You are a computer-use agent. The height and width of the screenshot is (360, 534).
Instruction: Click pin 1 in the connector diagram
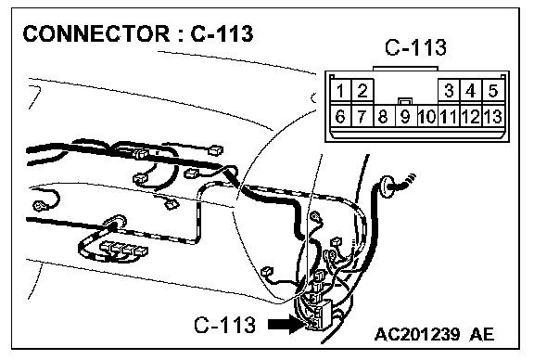click(x=340, y=90)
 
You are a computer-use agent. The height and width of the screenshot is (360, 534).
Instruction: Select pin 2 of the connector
click(x=362, y=90)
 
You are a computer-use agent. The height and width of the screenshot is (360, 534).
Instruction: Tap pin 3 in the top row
click(x=449, y=90)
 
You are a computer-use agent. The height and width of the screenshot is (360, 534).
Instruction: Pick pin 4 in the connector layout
click(x=471, y=90)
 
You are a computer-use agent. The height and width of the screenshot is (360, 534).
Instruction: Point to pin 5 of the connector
click(x=493, y=90)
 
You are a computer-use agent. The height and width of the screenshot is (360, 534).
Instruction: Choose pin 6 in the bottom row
click(x=340, y=116)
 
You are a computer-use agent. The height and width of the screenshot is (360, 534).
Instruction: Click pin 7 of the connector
click(x=362, y=116)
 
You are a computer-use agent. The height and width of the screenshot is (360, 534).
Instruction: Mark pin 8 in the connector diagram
click(x=384, y=116)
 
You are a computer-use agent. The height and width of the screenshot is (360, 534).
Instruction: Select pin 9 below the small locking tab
click(x=405, y=116)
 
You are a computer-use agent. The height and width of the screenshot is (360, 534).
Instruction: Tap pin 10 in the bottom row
click(x=426, y=116)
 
